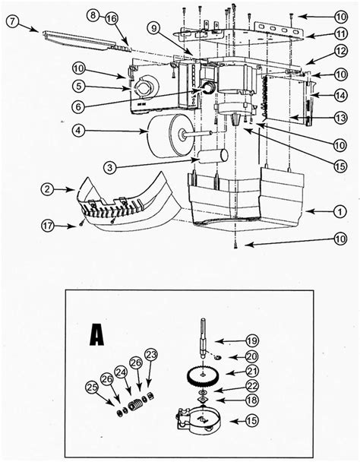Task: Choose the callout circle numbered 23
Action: [151, 353]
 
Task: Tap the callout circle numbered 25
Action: [92, 389]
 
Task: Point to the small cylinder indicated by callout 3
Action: [212, 159]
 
